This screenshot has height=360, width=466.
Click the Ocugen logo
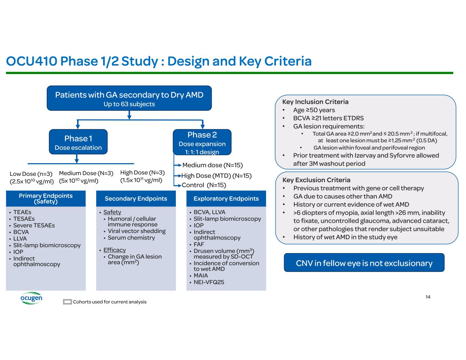click(31, 298)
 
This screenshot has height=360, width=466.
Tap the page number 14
click(428, 297)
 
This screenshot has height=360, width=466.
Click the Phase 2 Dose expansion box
click(202, 143)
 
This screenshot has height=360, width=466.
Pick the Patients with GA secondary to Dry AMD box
click(129, 98)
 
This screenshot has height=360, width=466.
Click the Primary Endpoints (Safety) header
click(46, 198)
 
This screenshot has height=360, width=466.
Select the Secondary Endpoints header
click(136, 198)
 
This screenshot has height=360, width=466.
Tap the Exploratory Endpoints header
click(226, 198)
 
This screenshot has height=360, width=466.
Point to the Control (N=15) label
click(204, 185)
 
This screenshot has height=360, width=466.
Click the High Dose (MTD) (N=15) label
click(216, 176)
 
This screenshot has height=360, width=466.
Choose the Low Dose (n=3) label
click(31, 174)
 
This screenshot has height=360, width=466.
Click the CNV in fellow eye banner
click(364, 263)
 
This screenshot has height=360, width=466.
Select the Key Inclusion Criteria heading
click(315, 102)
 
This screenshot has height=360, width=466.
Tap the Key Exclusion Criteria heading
click(316, 180)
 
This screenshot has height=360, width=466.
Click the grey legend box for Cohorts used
click(67, 302)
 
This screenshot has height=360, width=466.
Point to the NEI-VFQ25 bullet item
click(209, 282)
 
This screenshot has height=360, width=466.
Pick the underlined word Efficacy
click(114, 250)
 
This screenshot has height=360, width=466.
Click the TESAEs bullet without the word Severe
click(24, 219)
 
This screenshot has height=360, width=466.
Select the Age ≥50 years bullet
click(314, 110)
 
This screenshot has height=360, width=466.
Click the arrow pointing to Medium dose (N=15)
click(178, 165)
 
